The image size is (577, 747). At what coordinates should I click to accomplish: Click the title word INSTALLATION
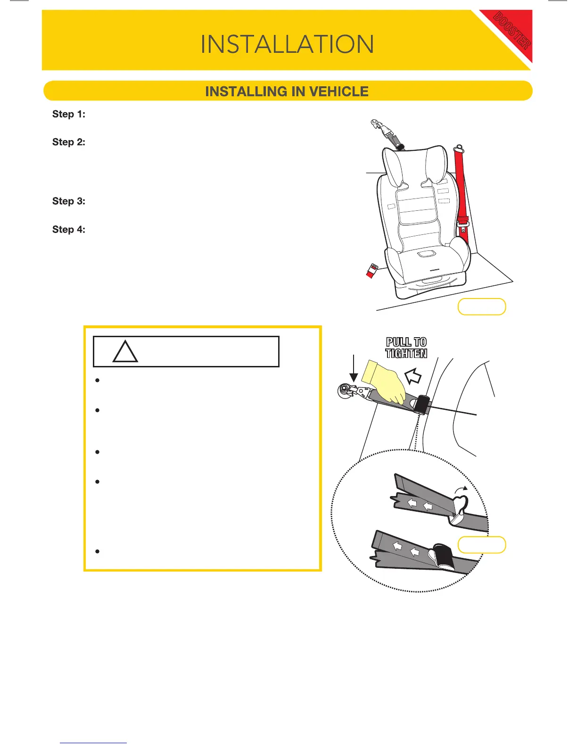[287, 44]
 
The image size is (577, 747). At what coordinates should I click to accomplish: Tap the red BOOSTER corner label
[511, 32]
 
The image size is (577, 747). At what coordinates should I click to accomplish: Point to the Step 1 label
[69, 114]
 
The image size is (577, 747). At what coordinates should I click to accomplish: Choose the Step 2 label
[69, 142]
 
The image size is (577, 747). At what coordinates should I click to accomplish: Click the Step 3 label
[69, 201]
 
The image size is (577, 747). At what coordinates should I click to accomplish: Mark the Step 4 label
[69, 230]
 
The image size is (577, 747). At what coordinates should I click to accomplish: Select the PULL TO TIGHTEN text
[406, 348]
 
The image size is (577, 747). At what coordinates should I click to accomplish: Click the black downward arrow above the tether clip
[353, 368]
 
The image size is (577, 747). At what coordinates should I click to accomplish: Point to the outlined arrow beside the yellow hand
[413, 376]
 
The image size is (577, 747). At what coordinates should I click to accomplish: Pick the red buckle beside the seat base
[372, 271]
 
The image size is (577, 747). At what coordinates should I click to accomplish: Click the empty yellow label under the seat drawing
[481, 307]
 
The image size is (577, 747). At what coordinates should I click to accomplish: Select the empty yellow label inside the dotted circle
[481, 545]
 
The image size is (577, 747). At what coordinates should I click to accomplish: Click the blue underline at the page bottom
[93, 743]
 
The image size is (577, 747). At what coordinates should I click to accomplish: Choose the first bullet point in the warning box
[97, 380]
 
